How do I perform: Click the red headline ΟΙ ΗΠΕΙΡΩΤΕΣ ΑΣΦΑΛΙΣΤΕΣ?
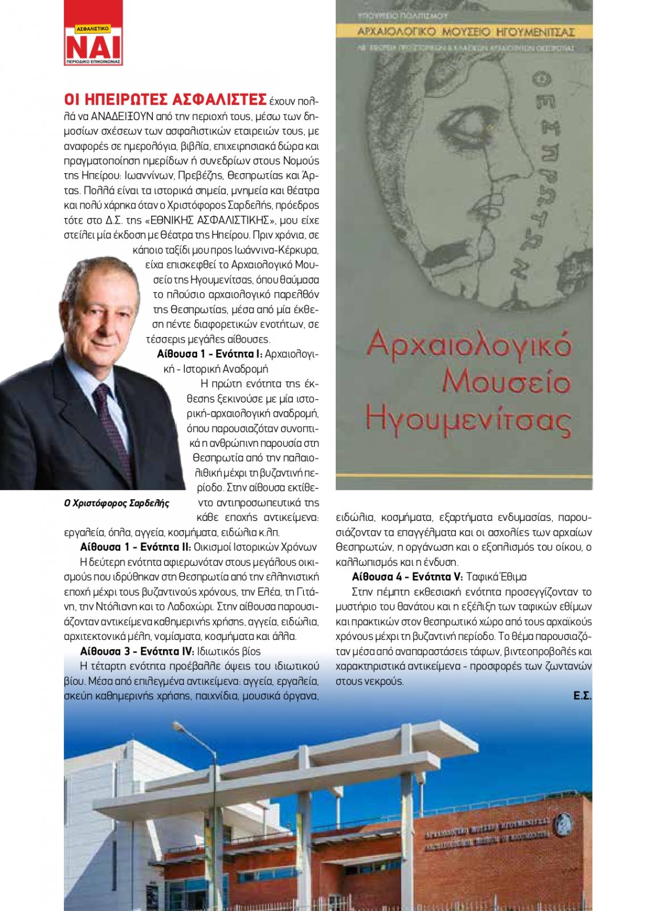pos(165,100)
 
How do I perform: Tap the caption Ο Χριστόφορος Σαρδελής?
pos(117,503)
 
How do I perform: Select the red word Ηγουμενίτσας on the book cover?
pos(468,421)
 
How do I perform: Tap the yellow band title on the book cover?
pos(465,31)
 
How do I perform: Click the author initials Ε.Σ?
pos(582,696)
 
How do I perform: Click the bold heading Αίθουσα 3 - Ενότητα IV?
pos(137,651)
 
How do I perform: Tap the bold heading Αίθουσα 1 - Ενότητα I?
pos(209,354)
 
